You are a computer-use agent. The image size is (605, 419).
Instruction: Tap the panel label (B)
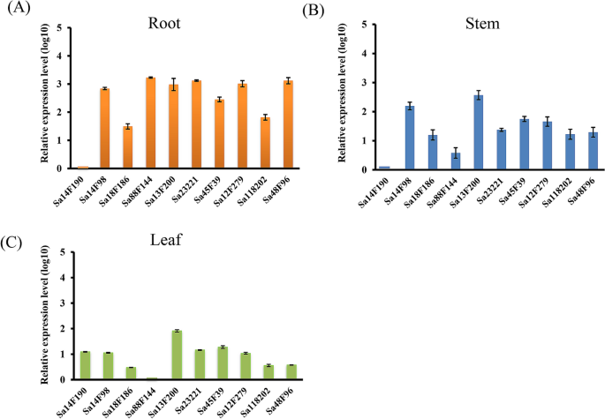[317, 10]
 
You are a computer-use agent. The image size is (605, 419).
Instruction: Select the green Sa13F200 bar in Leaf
[177, 355]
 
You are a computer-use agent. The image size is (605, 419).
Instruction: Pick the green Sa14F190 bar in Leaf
[85, 365]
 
